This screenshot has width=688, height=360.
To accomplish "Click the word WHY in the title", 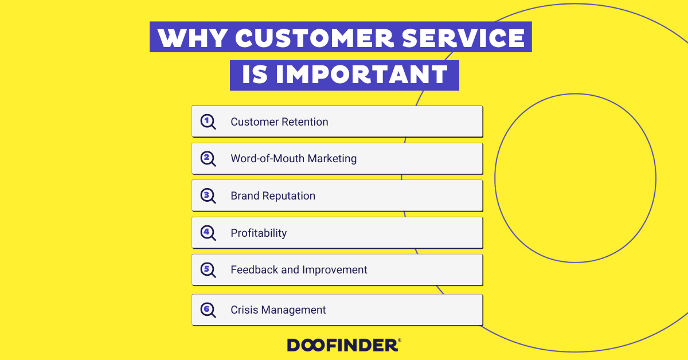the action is [x=193, y=38].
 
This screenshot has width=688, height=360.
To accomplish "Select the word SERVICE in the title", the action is [x=463, y=38].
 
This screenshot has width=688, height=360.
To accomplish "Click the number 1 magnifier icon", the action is [x=208, y=122].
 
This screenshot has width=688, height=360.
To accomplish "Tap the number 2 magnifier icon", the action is [x=208, y=159].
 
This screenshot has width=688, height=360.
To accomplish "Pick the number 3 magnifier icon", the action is [x=208, y=196].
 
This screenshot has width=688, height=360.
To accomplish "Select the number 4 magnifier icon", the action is [x=208, y=233].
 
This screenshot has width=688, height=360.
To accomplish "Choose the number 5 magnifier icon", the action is [x=208, y=270].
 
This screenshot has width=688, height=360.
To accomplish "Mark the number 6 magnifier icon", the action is [x=208, y=310].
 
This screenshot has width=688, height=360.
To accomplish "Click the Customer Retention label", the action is [x=280, y=122].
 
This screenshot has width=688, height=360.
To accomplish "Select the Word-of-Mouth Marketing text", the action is [x=294, y=159].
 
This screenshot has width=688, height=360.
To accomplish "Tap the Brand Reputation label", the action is [x=273, y=196].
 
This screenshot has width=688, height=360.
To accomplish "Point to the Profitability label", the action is [x=259, y=233].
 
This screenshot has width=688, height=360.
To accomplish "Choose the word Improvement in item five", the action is [x=335, y=270].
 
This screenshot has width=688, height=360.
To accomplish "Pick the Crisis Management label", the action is [x=278, y=310].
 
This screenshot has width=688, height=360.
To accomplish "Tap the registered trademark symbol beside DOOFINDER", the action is [x=399, y=341].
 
